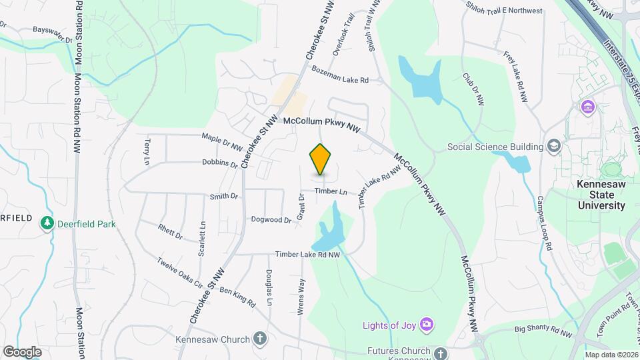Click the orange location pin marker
pyautogui.click(x=321, y=159)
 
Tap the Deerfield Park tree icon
pyautogui.click(x=47, y=223)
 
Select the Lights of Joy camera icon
pyautogui.click(x=427, y=325)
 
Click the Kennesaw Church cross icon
pyautogui.click(x=261, y=338)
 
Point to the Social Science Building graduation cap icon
pyautogui.click(x=553, y=146)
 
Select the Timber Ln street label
pyautogui.click(x=331, y=191)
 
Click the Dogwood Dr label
pyautogui.click(x=271, y=219)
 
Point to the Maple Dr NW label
pyautogui.click(x=221, y=139)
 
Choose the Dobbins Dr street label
pyautogui.click(x=220, y=163)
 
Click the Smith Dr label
pyautogui.click(x=224, y=196)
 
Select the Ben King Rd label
pyautogui.click(x=237, y=297)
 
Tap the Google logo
pyautogui.click(x=22, y=351)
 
